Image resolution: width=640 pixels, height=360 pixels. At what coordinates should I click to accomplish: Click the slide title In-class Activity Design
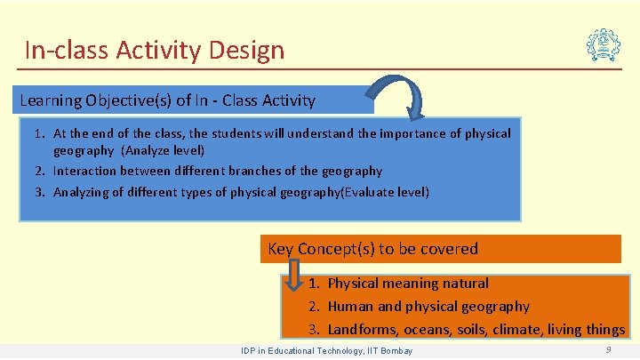[155, 50]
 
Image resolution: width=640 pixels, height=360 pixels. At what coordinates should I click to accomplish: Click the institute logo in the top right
[604, 43]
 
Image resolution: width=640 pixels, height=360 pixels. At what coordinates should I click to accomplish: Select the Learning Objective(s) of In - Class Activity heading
[167, 100]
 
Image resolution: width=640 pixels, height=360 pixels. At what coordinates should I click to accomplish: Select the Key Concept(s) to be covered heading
[372, 249]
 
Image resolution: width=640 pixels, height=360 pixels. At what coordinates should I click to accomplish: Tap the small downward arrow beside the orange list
[293, 278]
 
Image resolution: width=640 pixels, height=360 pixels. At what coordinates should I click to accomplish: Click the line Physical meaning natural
[407, 284]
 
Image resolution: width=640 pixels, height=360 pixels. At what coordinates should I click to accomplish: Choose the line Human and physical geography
[428, 307]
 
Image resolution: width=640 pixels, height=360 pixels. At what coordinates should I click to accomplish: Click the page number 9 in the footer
[608, 350]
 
